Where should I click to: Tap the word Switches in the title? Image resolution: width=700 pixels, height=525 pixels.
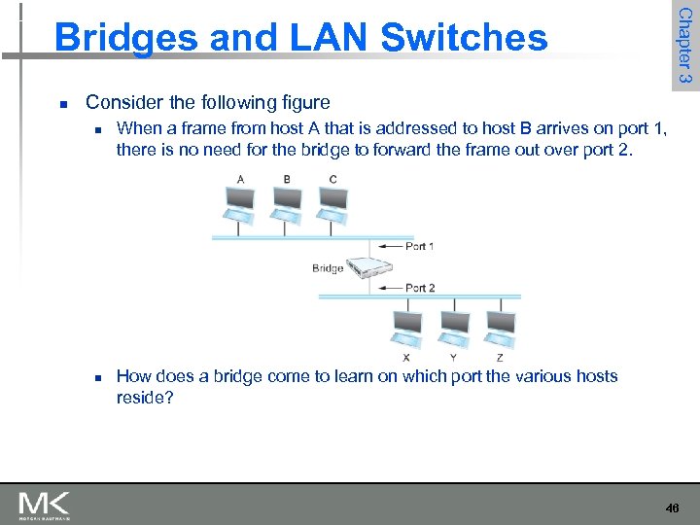(x=464, y=38)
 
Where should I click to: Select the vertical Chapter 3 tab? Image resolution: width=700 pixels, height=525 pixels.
(x=683, y=45)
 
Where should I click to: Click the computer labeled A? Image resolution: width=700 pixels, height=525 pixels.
(x=238, y=199)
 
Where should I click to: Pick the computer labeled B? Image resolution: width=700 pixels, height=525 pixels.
(x=286, y=199)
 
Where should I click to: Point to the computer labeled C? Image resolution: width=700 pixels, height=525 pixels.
(x=333, y=199)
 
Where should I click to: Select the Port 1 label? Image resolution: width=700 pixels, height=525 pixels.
(x=419, y=246)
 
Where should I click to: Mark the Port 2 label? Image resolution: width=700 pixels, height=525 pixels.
(x=419, y=288)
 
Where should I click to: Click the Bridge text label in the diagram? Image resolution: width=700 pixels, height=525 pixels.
(x=328, y=268)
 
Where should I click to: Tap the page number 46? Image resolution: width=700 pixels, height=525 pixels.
(x=672, y=507)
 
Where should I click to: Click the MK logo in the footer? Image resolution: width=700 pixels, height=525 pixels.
(x=45, y=505)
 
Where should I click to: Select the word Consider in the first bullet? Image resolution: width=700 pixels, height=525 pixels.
(x=121, y=102)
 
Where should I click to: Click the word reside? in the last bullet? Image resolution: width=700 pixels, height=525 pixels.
(x=145, y=399)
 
